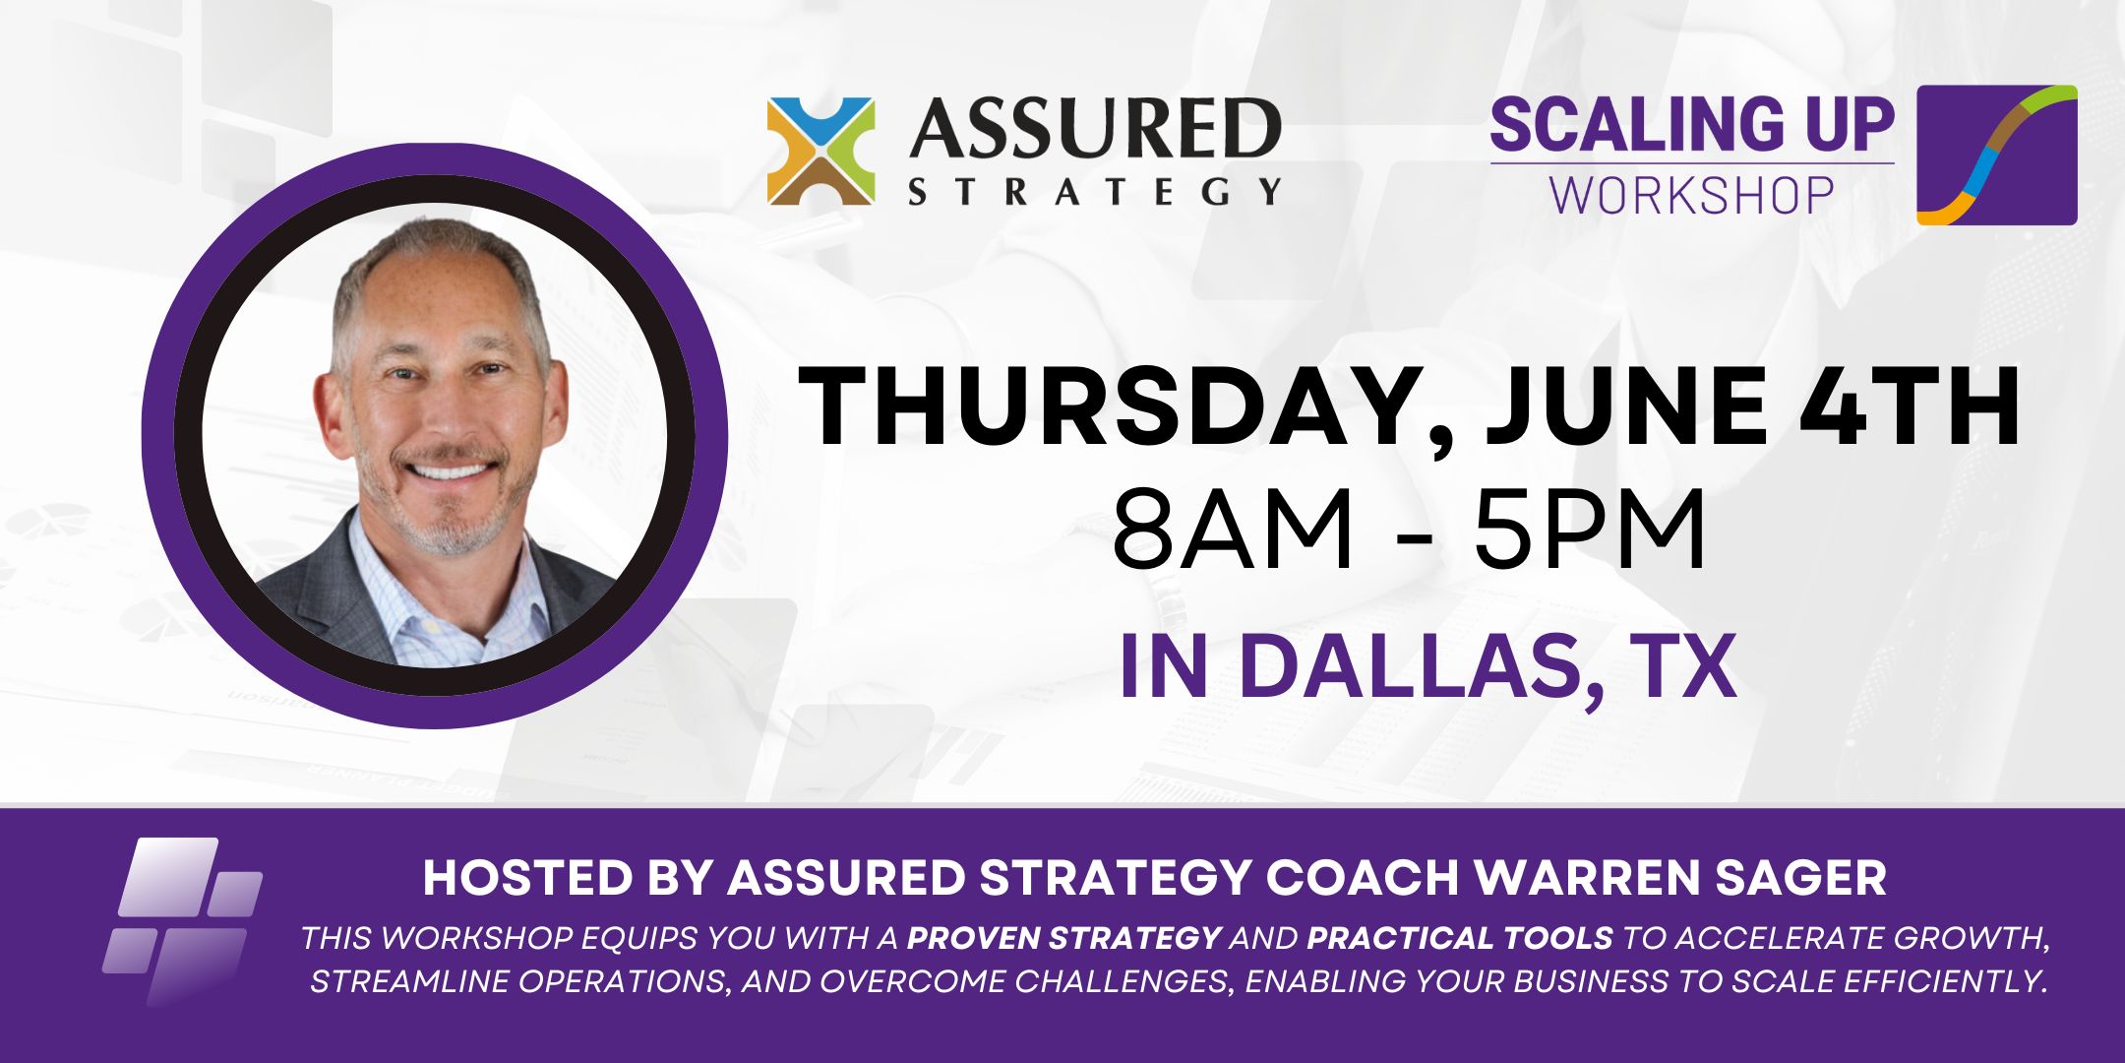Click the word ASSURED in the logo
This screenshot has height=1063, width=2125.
pos(1096,128)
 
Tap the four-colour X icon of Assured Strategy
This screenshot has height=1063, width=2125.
pos(820,151)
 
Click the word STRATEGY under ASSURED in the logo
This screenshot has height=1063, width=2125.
pos(1096,190)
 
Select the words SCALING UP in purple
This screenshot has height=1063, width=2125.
pos(1692,125)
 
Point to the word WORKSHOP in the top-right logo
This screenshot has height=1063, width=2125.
pos(1692,194)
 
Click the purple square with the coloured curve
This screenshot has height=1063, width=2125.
pos(1997,155)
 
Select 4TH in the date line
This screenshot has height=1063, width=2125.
pos(1910,406)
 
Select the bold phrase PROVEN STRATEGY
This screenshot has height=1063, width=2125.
pos(1063,938)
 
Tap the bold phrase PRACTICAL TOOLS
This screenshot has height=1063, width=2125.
pos(1460,938)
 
